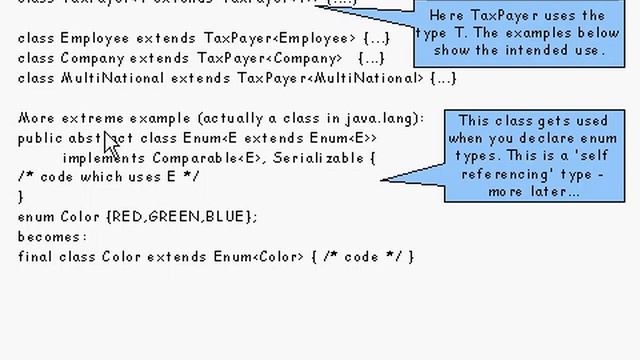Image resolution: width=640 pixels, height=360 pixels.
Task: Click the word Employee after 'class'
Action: pyautogui.click(x=95, y=39)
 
